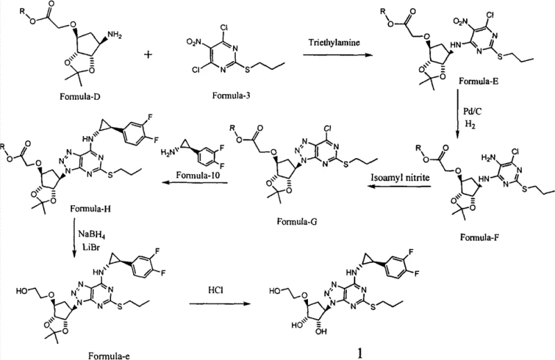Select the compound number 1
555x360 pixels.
pyautogui.click(x=359, y=349)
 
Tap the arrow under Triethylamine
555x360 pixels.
pyautogui.click(x=330, y=55)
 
